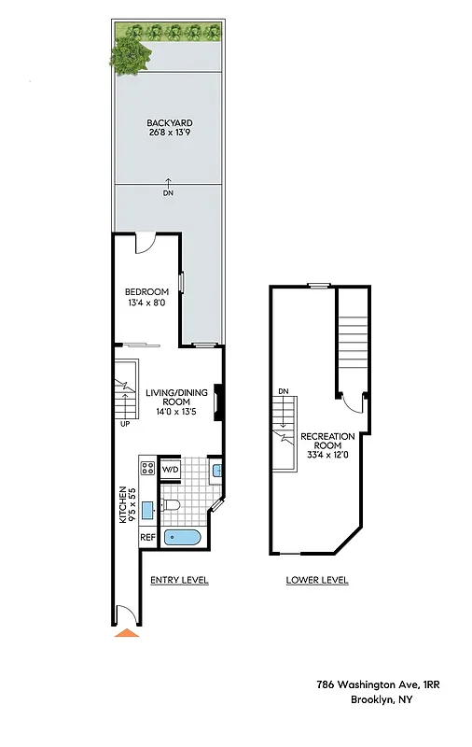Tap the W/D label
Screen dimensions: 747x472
(x=171, y=469)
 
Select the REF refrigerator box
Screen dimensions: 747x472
(x=147, y=538)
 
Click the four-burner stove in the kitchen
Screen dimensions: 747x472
(x=147, y=467)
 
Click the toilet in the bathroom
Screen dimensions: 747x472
(x=170, y=506)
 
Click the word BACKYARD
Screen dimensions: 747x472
(x=169, y=122)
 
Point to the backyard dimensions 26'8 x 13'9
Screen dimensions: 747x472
(x=169, y=133)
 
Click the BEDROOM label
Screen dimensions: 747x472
(x=146, y=292)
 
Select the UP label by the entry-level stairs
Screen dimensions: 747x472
(x=125, y=422)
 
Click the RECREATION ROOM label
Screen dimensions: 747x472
(x=326, y=442)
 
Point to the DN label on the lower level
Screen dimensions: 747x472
(x=283, y=391)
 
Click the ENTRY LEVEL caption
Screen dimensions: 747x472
(x=179, y=580)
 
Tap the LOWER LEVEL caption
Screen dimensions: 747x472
(x=317, y=580)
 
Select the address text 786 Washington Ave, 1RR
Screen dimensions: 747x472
(x=378, y=684)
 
